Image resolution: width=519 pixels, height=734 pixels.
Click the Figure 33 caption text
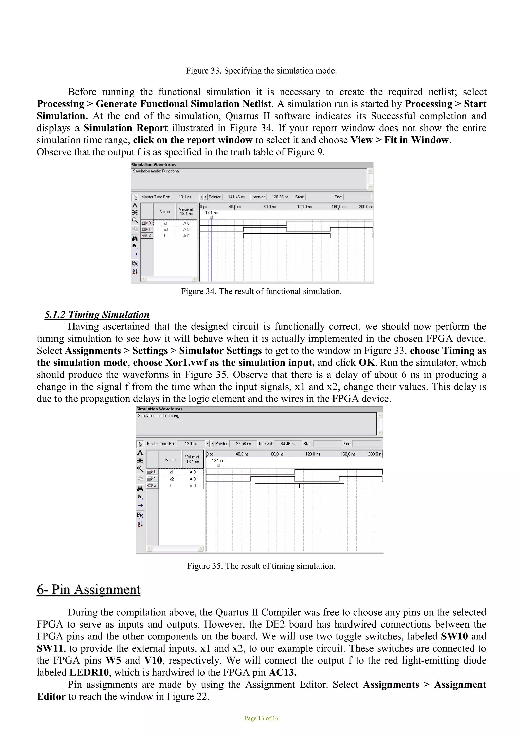tap(261, 71)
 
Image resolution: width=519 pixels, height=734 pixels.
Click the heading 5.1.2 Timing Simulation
tap(97, 315)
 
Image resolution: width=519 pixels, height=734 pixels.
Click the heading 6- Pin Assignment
tap(88, 589)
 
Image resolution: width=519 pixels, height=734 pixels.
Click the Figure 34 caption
tap(261, 291)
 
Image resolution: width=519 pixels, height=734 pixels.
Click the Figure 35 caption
tap(261, 566)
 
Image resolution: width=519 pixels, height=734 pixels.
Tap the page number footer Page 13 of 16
tap(261, 718)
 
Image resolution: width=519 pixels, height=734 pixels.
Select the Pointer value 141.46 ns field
tap(236, 197)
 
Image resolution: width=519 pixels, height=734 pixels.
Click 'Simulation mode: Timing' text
tap(158, 416)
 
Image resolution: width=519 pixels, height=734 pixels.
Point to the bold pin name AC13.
tap(282, 672)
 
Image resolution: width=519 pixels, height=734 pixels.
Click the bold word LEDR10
tap(89, 672)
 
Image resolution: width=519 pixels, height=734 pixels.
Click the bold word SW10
tap(454, 636)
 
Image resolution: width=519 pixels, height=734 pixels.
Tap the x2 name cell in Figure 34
tap(165, 230)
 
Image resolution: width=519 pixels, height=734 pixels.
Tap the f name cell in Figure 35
tap(170, 486)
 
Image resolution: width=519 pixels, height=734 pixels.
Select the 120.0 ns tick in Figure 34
tap(304, 207)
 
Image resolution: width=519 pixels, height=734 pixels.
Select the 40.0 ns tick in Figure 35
tap(242, 454)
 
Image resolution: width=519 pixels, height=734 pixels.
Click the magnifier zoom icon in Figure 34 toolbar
tap(135, 220)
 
